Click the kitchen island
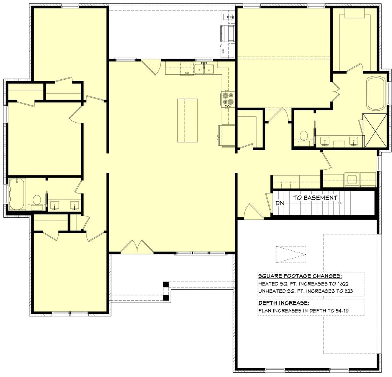tap(188, 120)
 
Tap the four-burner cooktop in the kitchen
tap(227, 98)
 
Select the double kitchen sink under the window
tap(204, 69)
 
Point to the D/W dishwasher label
tap(187, 73)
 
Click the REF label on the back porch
tap(223, 51)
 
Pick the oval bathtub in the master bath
tap(377, 93)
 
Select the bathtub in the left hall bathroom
tap(16, 195)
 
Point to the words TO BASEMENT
tap(315, 198)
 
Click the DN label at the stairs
tap(279, 203)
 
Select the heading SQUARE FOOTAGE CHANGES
tap(300, 276)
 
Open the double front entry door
tap(137, 247)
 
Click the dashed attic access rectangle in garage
tap(291, 254)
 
